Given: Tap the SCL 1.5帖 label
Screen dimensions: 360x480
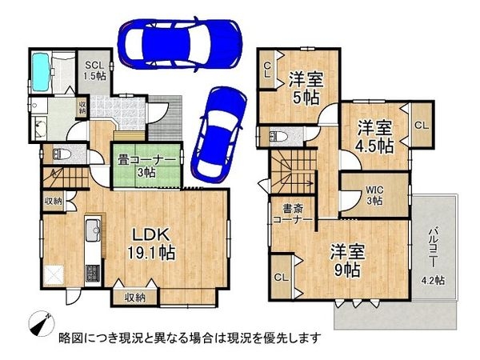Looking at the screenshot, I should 94,69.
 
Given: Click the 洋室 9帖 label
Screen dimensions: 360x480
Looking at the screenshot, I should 348,260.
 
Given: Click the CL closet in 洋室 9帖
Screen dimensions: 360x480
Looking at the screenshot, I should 281,278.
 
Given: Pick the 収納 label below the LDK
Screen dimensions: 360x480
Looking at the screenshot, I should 135,298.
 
